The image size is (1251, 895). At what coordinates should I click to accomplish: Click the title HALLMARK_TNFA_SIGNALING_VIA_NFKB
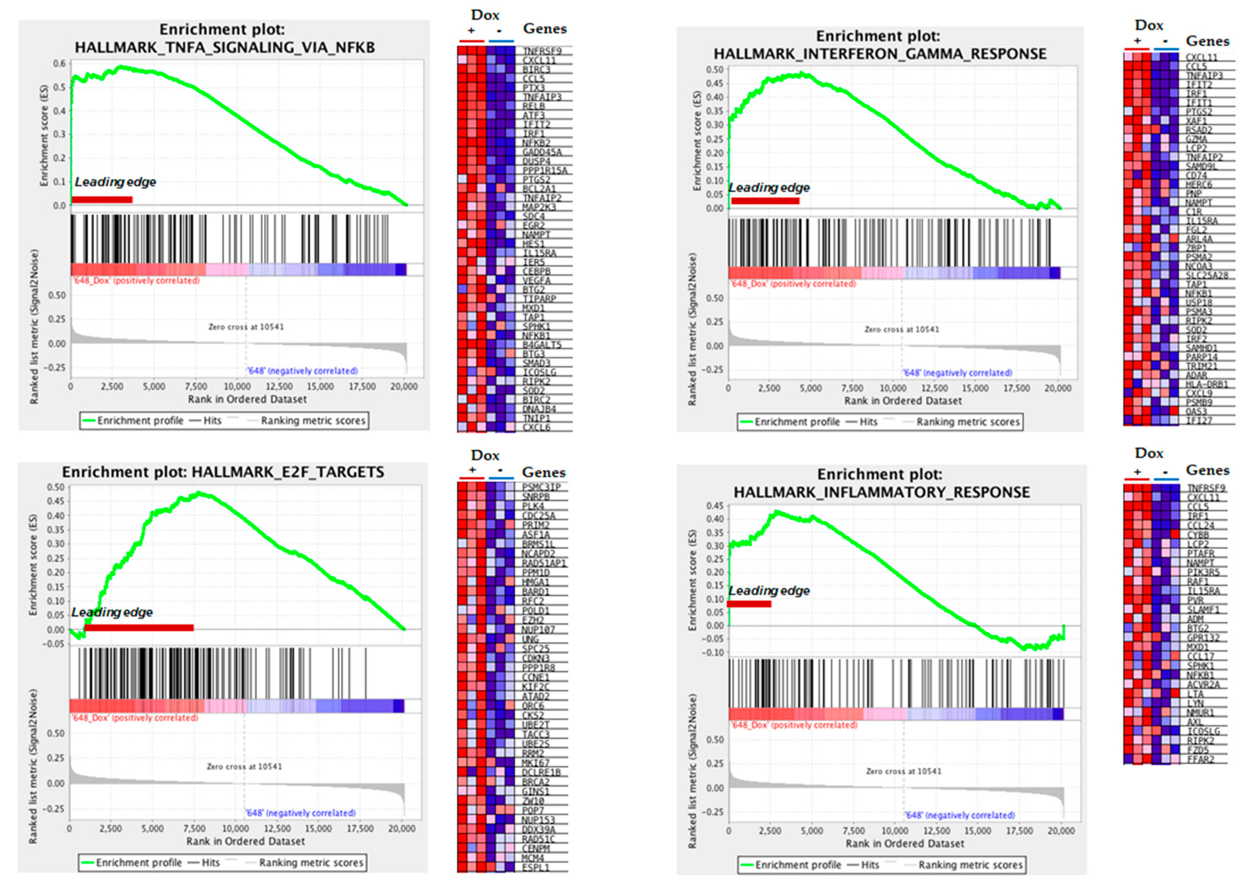pyautogui.click(x=224, y=48)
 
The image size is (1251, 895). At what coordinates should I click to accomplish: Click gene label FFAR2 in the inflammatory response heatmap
pyautogui.click(x=1200, y=759)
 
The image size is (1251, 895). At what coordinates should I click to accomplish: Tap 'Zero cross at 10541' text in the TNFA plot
pyautogui.click(x=246, y=327)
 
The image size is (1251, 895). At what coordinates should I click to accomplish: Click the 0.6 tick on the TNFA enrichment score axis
pyautogui.click(x=59, y=64)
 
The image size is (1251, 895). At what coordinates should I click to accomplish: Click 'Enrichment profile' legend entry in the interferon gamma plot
pyautogui.click(x=796, y=422)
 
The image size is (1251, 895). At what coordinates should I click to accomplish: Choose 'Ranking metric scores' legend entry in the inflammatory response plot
pyautogui.click(x=970, y=865)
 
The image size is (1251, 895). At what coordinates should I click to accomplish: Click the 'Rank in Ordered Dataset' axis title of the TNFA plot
pyautogui.click(x=247, y=399)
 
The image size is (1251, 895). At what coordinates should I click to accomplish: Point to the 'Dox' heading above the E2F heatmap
pyautogui.click(x=485, y=456)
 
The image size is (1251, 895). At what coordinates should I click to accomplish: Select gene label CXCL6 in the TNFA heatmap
pyautogui.click(x=536, y=427)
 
